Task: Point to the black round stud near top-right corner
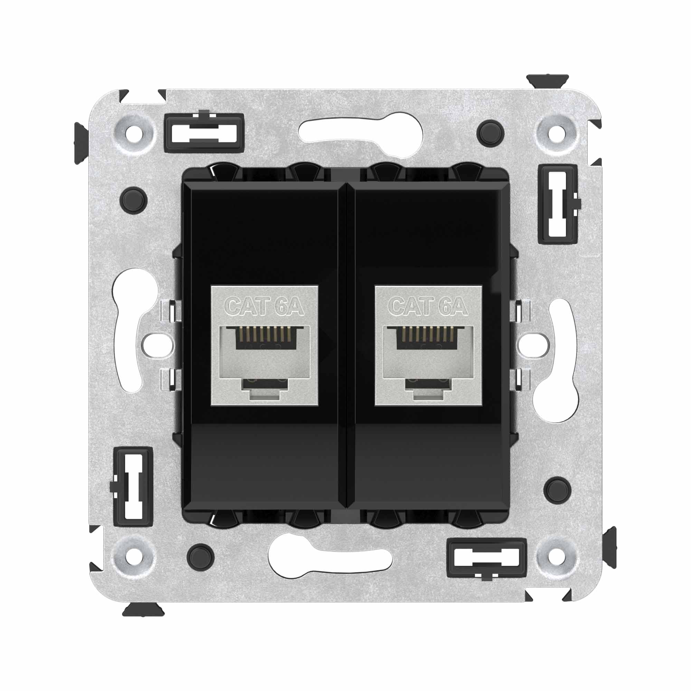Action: pyautogui.click(x=490, y=133)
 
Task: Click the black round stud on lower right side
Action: pyautogui.click(x=557, y=490)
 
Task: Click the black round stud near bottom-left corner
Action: pyautogui.click(x=201, y=557)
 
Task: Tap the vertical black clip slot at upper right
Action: pyautogui.click(x=558, y=204)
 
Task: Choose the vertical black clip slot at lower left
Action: pyautogui.click(x=133, y=486)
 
